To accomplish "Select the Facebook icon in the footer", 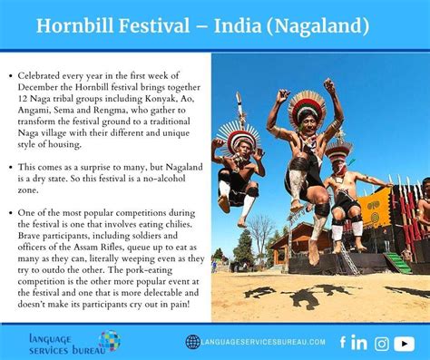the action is click(343, 342).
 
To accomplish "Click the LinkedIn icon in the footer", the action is click(359, 343).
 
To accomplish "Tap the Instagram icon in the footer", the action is click(382, 344).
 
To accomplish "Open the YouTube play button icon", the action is click(405, 344).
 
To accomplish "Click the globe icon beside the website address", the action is click(193, 342).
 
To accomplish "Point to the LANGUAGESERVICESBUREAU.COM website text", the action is click(263, 342).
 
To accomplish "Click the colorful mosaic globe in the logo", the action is click(110, 341).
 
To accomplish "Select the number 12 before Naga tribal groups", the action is click(22, 99).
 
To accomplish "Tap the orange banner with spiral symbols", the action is click(375, 209).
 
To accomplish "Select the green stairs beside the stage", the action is click(399, 263).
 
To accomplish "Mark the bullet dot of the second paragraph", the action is click(11, 168).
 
